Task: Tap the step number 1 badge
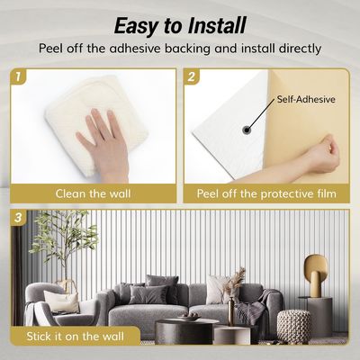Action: coord(19,78)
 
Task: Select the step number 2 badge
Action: coord(192,78)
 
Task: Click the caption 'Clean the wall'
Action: coord(93,193)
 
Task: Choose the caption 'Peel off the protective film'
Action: coord(267,193)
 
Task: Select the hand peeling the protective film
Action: coord(322,155)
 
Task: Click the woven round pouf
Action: coord(292,324)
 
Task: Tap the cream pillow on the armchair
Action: coord(63,301)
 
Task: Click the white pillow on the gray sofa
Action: coord(215,291)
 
